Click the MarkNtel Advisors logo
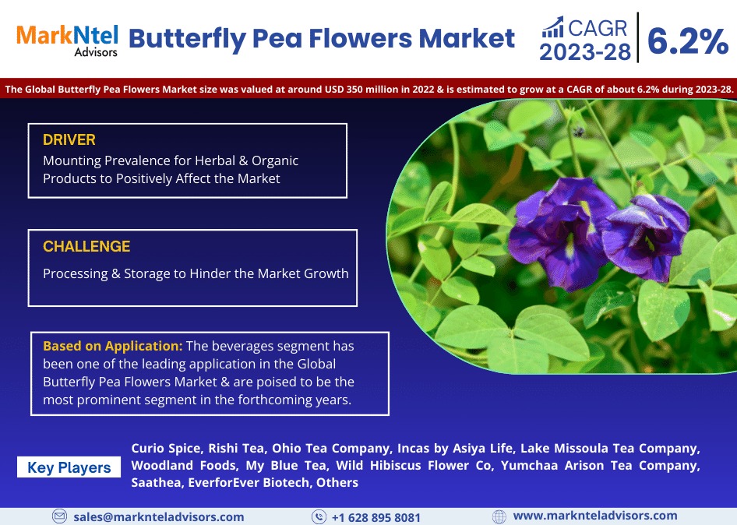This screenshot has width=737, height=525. point(67,41)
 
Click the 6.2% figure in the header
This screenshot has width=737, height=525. point(688,41)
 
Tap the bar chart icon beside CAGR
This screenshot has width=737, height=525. point(553,27)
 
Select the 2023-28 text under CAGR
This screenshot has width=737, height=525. point(585,52)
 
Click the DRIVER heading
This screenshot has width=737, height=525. point(69,139)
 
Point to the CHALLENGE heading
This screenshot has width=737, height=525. point(86,246)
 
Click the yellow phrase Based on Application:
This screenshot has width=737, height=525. point(113,346)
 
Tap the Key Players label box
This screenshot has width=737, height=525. point(69,467)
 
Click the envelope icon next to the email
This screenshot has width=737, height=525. point(59,516)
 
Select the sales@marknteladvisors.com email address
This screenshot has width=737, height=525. point(159,517)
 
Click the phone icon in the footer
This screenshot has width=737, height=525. point(319,516)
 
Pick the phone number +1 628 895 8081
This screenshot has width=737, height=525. point(376,517)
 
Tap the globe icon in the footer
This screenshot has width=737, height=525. point(499,516)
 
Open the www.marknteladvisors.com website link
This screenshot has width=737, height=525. point(595,516)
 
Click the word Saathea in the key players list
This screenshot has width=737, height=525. point(156,483)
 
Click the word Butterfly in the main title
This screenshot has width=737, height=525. point(187,39)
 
